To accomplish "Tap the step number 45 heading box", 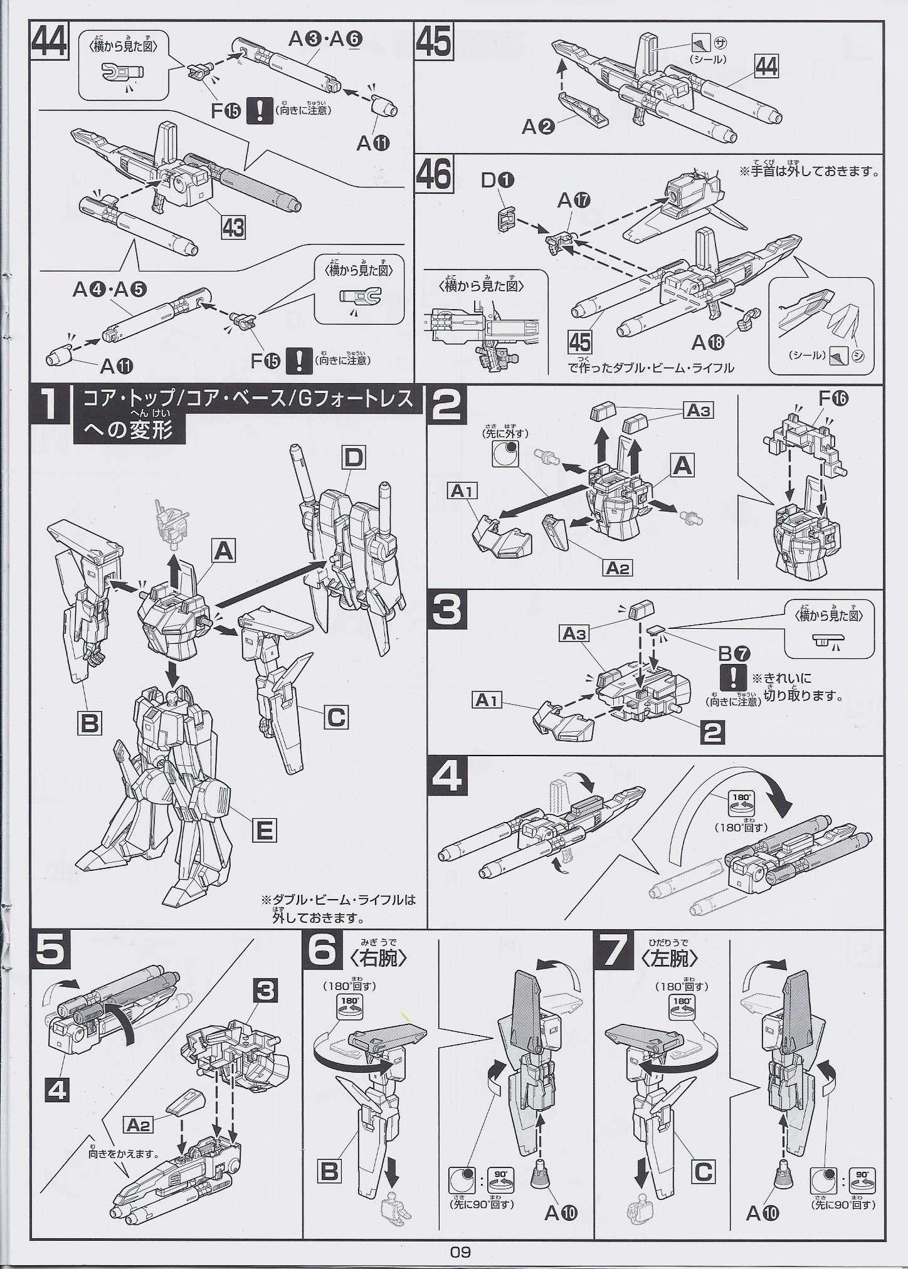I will (433, 42).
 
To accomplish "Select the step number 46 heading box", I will (434, 174).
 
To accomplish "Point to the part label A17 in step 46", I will (573, 201).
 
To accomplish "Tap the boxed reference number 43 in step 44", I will (233, 226).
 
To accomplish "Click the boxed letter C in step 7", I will (705, 1171).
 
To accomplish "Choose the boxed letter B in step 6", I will (330, 1171).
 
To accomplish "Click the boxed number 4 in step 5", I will (56, 1092).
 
